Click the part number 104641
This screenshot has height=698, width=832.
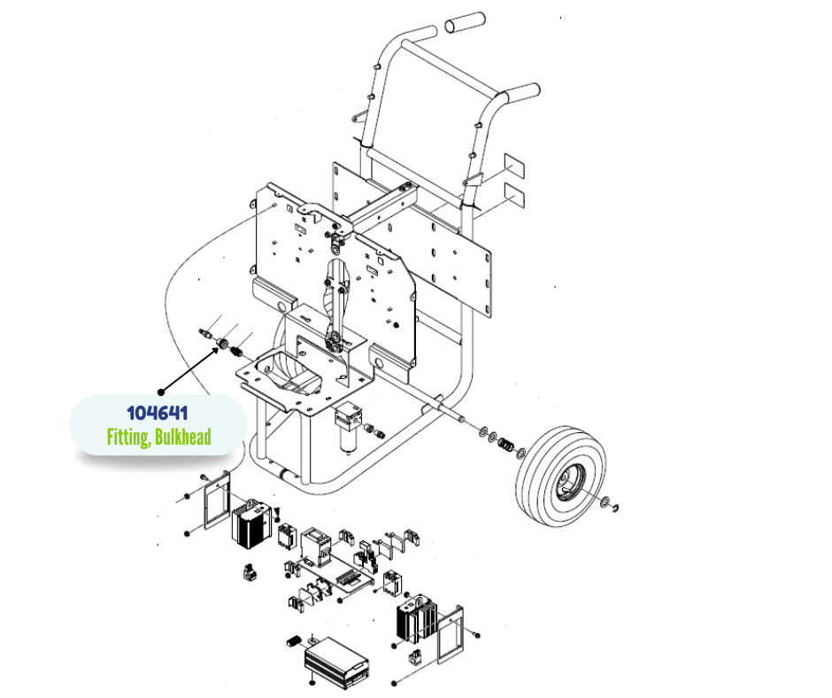pos(157,413)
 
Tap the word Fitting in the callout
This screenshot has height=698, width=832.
pos(127,437)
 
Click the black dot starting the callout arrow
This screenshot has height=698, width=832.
pos(160,391)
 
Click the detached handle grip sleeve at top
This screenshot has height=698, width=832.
pos(466,23)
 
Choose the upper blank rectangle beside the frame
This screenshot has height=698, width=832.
pos(515,166)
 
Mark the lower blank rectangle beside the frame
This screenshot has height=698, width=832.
pos(515,193)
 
